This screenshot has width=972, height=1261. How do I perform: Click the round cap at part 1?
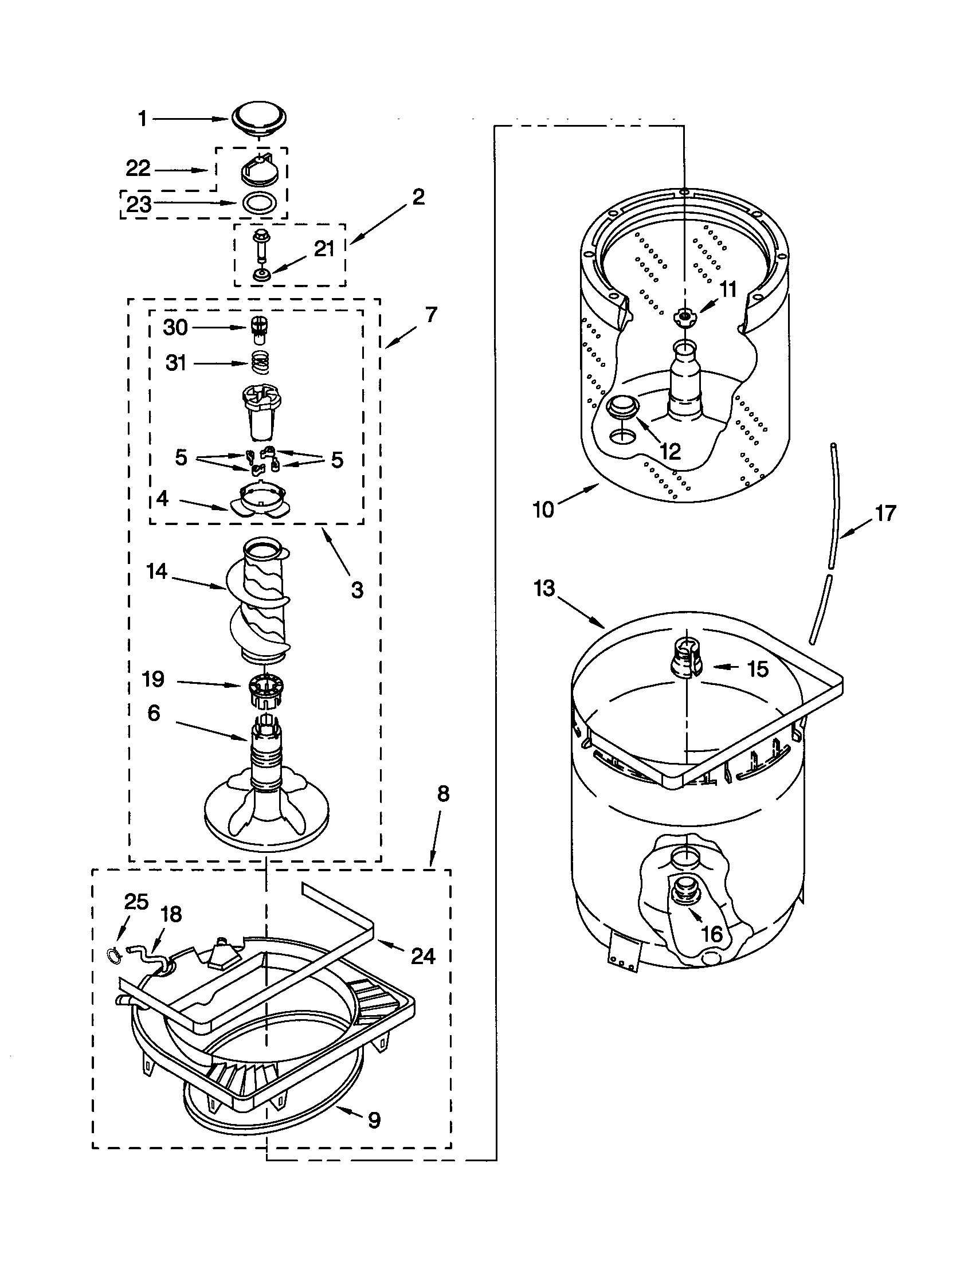pos(258,120)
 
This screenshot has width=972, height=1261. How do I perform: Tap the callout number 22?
pos(138,169)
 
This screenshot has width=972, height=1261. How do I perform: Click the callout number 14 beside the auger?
pos(156,571)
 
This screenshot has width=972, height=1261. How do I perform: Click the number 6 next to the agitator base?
pos(154,714)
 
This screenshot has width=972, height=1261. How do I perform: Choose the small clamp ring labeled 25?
pos(115,955)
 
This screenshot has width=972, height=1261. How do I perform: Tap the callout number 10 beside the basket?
pos(544,510)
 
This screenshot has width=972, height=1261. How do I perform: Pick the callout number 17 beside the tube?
pos(885,513)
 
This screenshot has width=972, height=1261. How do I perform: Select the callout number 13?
pos(544,589)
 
